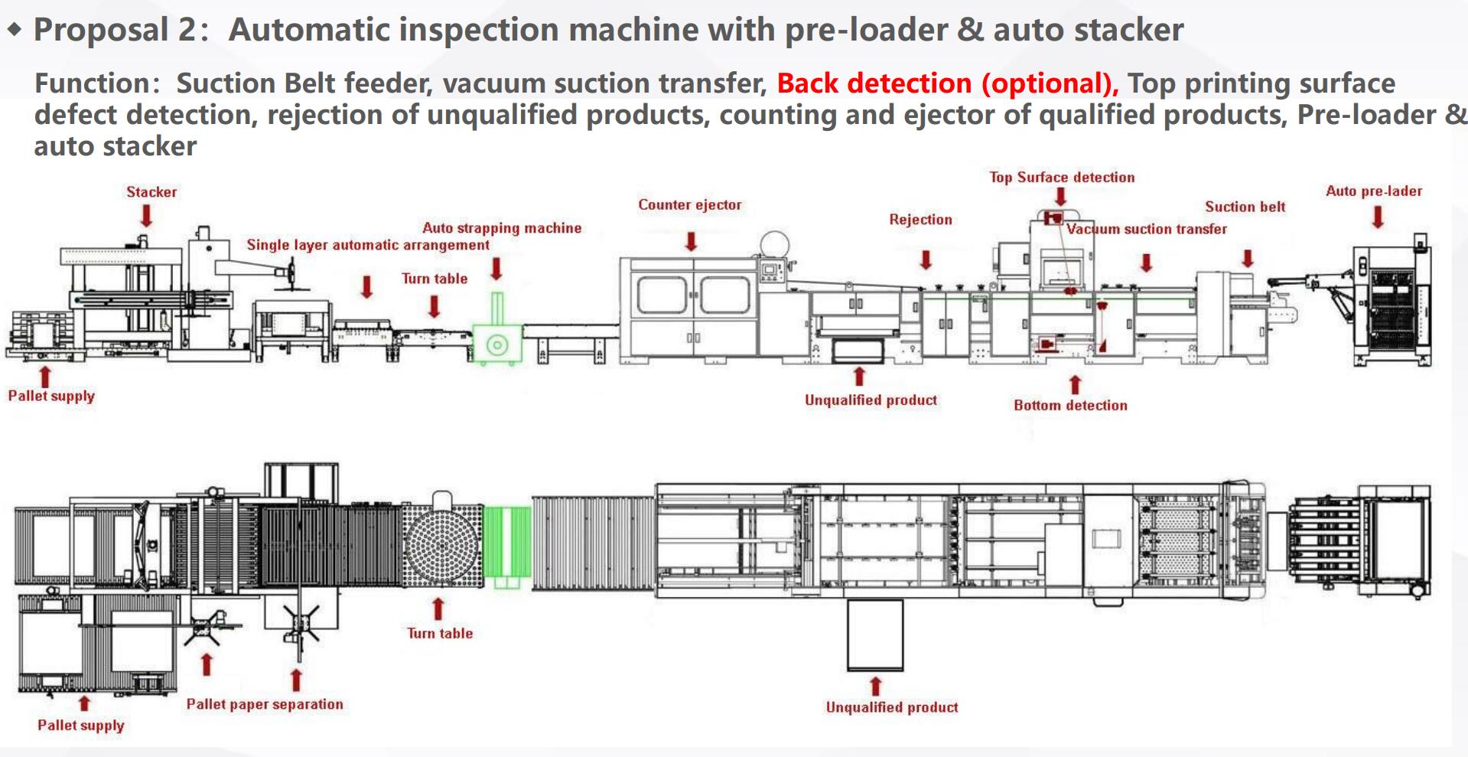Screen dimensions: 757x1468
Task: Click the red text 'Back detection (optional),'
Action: coord(948,83)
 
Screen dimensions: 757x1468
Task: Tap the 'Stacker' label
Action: coord(151,192)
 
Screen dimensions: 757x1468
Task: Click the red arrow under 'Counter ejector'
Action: coord(691,242)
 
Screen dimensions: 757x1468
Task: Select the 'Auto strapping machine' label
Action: coord(502,228)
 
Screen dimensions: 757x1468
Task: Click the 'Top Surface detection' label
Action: coord(1062,178)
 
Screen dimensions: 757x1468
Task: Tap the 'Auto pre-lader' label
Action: coord(1374,191)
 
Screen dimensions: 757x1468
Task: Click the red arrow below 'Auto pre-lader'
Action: coord(1378,217)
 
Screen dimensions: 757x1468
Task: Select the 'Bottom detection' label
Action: coord(1070,406)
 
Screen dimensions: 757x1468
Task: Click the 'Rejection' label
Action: coord(920,220)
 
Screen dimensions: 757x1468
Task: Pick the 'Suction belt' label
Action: coord(1245,207)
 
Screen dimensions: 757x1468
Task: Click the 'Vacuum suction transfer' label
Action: coord(1147,229)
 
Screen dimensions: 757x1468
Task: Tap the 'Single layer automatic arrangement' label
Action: coord(368,245)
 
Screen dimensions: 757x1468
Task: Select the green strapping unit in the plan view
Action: coord(507,547)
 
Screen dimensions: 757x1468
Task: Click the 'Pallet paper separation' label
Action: coord(265,704)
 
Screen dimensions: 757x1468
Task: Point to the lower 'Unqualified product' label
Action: coord(891,707)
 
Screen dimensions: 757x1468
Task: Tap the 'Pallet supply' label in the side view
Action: coord(51,396)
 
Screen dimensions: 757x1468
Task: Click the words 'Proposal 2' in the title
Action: coord(112,30)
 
